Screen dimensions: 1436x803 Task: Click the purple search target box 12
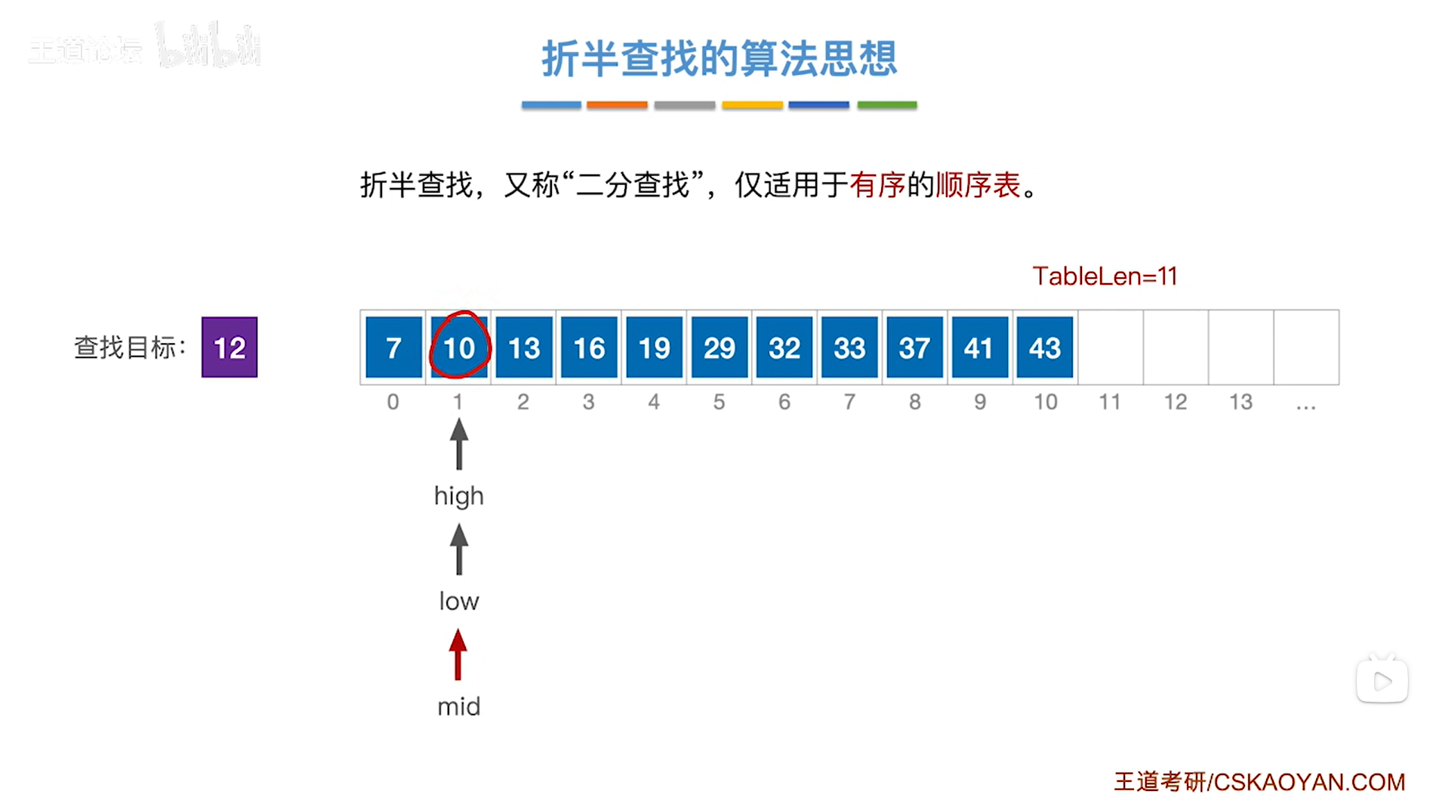[x=230, y=347]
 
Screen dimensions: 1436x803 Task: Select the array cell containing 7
[x=393, y=347]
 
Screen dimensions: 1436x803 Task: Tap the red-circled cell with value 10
[x=459, y=347]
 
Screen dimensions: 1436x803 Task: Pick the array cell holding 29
[x=719, y=347]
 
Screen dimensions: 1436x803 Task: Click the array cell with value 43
[x=1044, y=347]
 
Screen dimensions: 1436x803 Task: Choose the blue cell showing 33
[x=849, y=347]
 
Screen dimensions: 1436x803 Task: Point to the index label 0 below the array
[x=393, y=402]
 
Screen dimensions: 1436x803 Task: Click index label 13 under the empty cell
[x=1240, y=402]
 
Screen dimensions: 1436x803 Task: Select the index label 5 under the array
[x=719, y=402]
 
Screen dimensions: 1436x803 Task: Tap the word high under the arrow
[x=459, y=496]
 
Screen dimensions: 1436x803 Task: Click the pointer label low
[x=459, y=601]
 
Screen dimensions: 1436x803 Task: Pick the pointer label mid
[x=459, y=707]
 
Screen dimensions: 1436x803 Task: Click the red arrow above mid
[x=458, y=655]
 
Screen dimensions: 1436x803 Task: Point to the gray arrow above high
[x=459, y=444]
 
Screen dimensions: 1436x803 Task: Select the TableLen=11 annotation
[x=1105, y=276]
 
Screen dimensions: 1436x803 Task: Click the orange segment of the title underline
[x=617, y=105]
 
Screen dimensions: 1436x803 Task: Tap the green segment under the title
[x=887, y=105]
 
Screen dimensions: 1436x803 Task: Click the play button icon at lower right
[x=1382, y=681]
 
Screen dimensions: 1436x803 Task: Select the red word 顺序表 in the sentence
[x=978, y=185]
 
